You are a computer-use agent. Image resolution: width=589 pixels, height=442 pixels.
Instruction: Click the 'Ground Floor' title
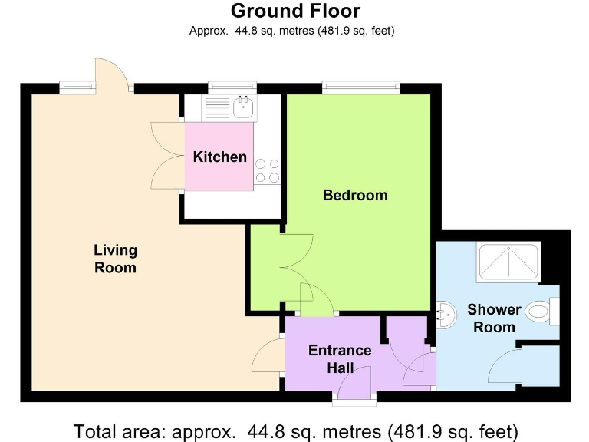(295, 11)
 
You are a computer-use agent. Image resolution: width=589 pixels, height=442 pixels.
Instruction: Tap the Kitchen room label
(219, 157)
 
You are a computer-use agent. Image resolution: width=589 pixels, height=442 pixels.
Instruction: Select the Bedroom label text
(355, 195)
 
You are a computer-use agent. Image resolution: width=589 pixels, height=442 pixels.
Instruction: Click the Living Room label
(115, 259)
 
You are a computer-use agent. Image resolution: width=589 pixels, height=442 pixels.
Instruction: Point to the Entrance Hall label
(340, 359)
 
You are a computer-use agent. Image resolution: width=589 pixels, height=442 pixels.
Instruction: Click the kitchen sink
(244, 106)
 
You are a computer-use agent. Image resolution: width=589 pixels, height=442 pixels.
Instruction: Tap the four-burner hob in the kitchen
(267, 170)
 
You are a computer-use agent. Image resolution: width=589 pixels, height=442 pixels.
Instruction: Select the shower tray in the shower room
(509, 263)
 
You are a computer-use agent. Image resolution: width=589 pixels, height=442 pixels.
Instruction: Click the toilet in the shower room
(544, 312)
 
